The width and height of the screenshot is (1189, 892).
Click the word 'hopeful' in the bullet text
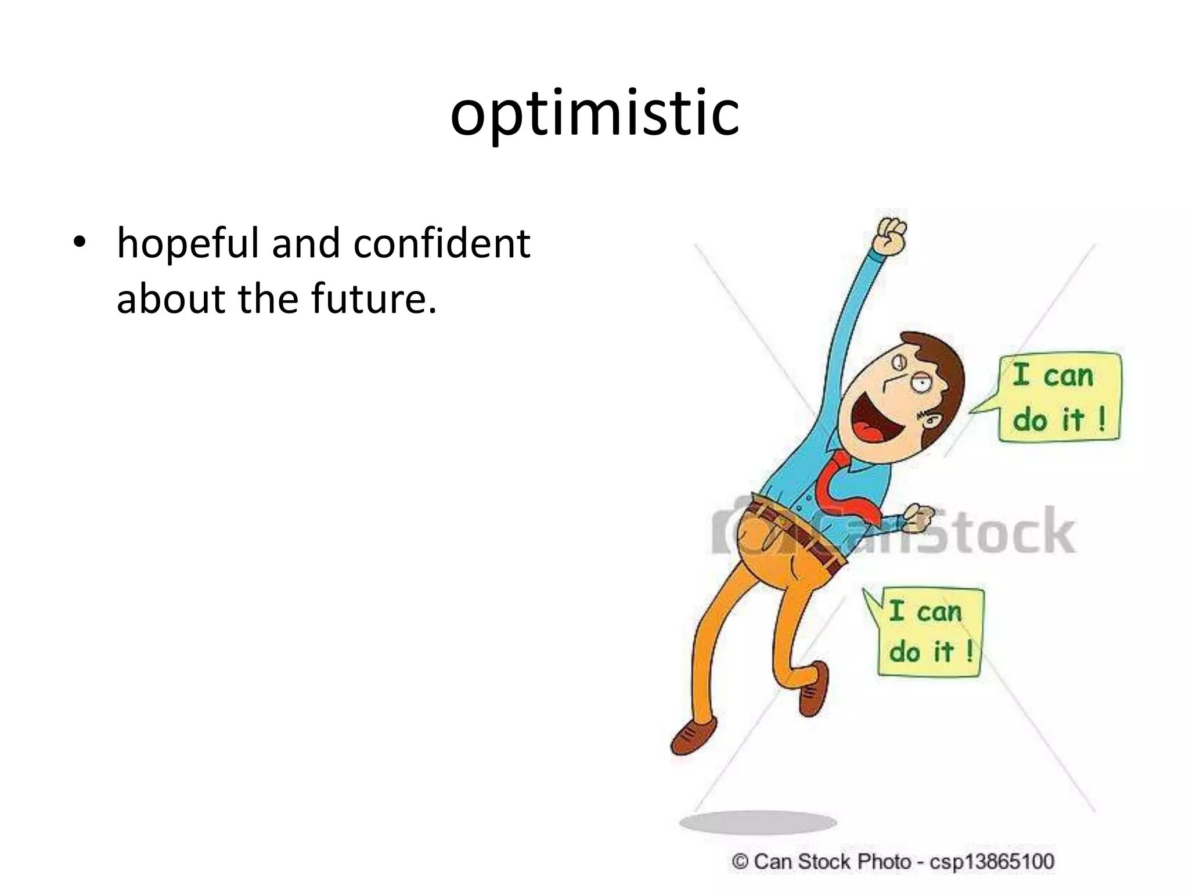(x=188, y=244)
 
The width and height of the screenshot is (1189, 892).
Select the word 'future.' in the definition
(x=374, y=298)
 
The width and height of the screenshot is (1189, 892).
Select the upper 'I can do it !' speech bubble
(x=1059, y=398)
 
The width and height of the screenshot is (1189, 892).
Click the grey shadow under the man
(x=758, y=822)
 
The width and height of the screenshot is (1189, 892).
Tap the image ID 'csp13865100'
(x=992, y=861)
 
